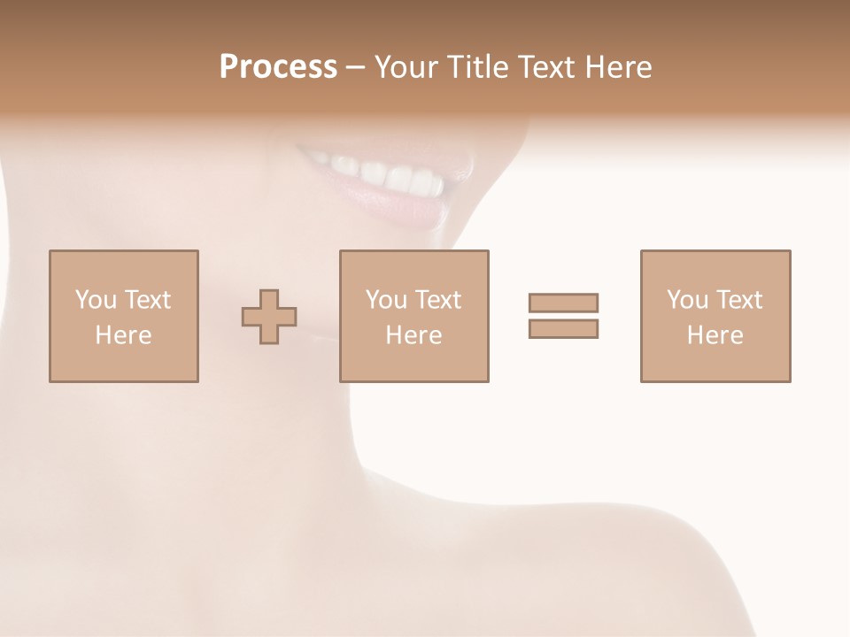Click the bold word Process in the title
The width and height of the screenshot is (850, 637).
pyautogui.click(x=278, y=67)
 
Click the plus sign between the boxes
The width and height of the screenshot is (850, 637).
pyautogui.click(x=269, y=317)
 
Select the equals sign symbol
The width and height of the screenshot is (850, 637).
pyautogui.click(x=563, y=316)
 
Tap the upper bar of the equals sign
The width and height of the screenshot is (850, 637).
pyautogui.click(x=563, y=303)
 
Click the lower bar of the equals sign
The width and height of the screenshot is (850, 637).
pyautogui.click(x=563, y=328)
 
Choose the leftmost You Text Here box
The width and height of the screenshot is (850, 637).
pyautogui.click(x=124, y=316)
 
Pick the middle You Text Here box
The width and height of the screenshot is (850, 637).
pyautogui.click(x=413, y=316)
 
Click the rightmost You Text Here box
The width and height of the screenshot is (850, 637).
pyautogui.click(x=715, y=316)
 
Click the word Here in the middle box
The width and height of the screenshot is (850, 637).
pyautogui.click(x=413, y=335)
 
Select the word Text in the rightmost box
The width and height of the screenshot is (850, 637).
pyautogui.click(x=738, y=300)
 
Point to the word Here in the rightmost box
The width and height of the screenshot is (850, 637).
pyautogui.click(x=715, y=335)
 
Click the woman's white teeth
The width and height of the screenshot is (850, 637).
pyautogui.click(x=390, y=175)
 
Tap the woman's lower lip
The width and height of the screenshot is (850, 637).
pyautogui.click(x=398, y=207)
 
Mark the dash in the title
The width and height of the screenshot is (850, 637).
pyautogui.click(x=355, y=68)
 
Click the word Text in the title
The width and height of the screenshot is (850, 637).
pyautogui.click(x=546, y=67)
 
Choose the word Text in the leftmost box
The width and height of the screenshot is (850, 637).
pyautogui.click(x=147, y=300)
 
